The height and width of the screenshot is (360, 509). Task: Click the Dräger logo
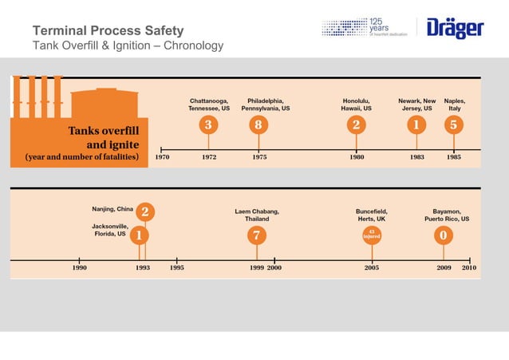click(x=456, y=29)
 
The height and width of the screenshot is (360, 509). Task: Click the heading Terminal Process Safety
click(x=108, y=31)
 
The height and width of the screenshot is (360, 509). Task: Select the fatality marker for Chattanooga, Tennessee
click(x=209, y=125)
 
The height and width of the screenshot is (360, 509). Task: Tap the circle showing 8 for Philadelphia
click(x=258, y=125)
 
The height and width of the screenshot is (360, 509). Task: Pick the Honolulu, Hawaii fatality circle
click(x=356, y=125)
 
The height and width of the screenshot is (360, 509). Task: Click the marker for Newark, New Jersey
click(x=416, y=125)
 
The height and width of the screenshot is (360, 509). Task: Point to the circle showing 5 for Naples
click(x=453, y=125)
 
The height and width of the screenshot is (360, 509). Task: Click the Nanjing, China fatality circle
click(x=145, y=212)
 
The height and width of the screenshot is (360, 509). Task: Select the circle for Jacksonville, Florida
click(x=139, y=235)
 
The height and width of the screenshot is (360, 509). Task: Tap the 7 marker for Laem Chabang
click(x=255, y=235)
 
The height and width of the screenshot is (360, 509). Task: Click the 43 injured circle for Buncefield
click(x=372, y=235)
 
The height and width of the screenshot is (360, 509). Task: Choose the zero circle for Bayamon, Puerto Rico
click(x=444, y=235)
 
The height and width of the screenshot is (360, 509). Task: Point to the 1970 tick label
click(x=162, y=157)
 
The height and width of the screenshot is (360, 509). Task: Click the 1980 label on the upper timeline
click(x=357, y=157)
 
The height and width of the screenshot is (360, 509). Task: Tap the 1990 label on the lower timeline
click(x=80, y=268)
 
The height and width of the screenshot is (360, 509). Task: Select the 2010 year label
click(x=469, y=268)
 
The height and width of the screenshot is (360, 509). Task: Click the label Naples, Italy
click(x=455, y=105)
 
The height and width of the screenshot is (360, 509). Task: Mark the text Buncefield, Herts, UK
click(x=371, y=215)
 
